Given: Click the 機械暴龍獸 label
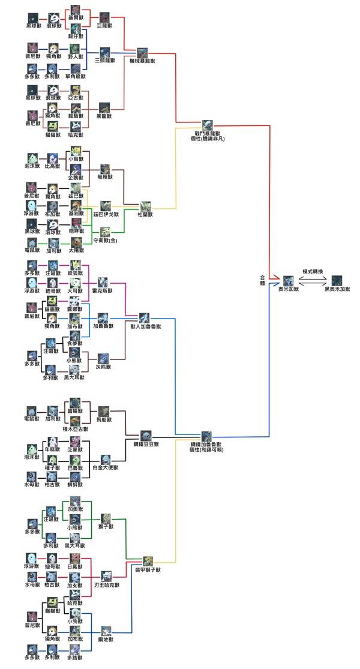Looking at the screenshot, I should [143, 61].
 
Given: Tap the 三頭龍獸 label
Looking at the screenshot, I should [105, 61].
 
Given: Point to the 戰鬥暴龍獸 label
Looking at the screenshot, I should [208, 133].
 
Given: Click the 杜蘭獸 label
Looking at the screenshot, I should [146, 214].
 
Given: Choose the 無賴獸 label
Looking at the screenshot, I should [106, 178].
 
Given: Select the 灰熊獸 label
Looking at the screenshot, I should [104, 365].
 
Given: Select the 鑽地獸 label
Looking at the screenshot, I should [106, 640].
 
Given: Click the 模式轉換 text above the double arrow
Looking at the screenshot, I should [313, 271].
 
